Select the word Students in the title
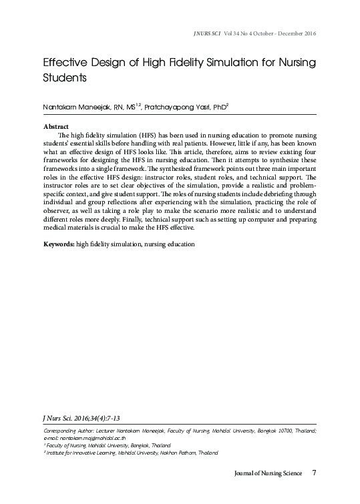click(x=65, y=78)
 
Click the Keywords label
click(x=58, y=244)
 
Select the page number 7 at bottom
click(x=314, y=474)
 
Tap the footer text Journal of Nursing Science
click(x=268, y=474)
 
